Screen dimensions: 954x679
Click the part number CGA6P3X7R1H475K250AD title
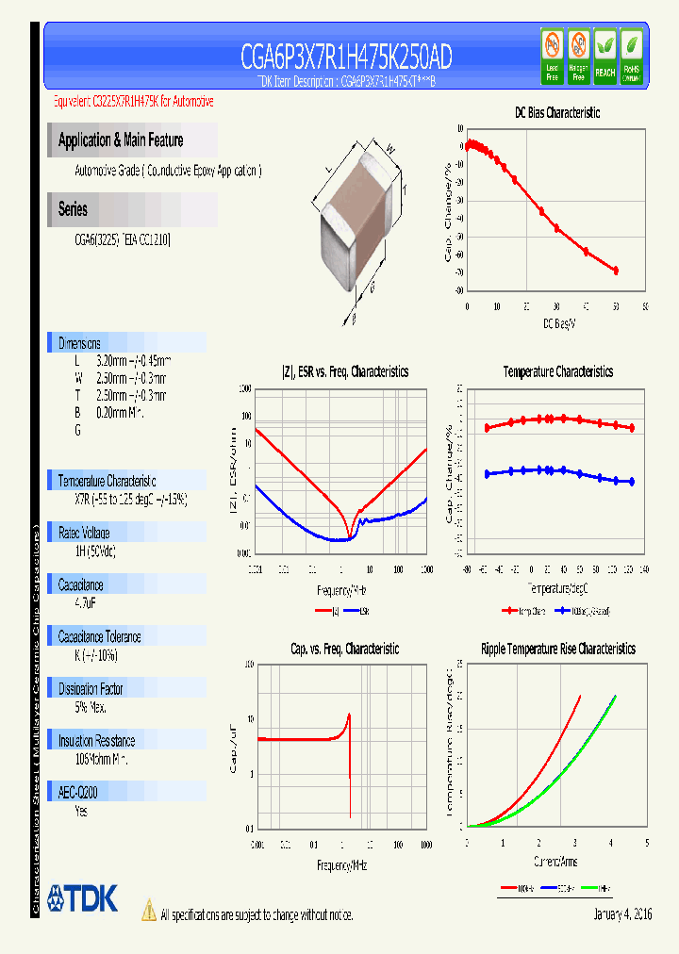(x=346, y=58)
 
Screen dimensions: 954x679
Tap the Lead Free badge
(x=553, y=53)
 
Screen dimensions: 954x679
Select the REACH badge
(x=604, y=53)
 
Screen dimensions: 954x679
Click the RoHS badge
(x=631, y=53)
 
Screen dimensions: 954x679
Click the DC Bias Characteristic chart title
(x=556, y=112)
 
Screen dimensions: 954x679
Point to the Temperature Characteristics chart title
(x=557, y=371)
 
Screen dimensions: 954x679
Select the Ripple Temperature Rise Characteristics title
(x=557, y=649)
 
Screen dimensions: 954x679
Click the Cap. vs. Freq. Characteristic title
(x=344, y=649)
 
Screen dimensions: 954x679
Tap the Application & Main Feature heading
(x=121, y=140)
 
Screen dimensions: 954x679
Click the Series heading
(x=73, y=209)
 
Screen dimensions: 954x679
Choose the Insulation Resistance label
(x=96, y=741)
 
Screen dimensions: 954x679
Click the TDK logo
(x=83, y=898)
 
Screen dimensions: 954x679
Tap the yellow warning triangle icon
(x=149, y=910)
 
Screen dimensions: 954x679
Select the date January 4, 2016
(x=622, y=914)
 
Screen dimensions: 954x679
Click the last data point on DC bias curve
(x=616, y=271)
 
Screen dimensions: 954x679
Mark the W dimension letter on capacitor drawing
(x=388, y=146)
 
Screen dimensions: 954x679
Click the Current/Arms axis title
(x=556, y=862)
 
